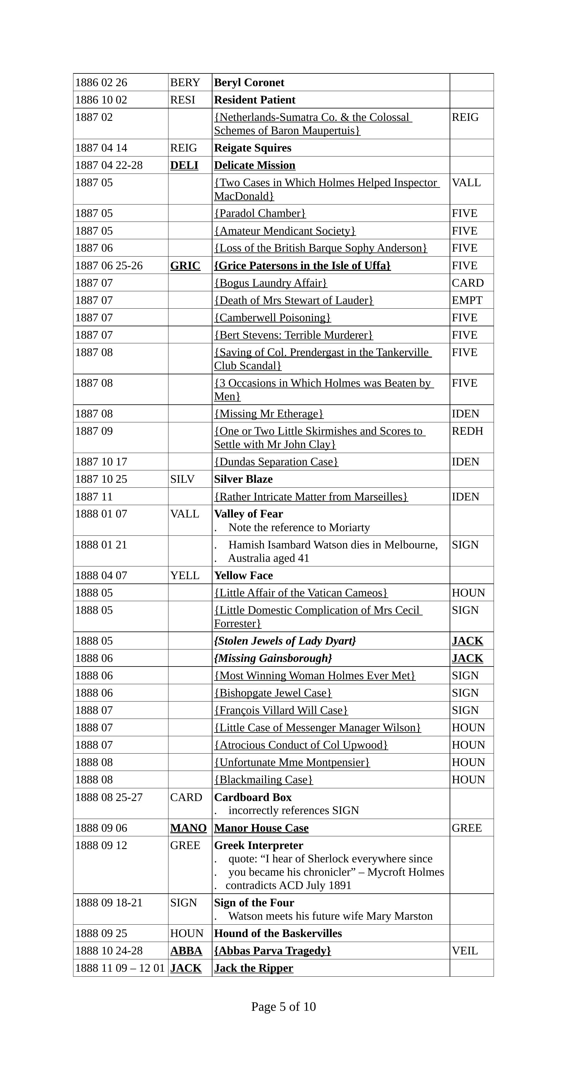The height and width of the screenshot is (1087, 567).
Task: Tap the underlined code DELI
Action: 184,165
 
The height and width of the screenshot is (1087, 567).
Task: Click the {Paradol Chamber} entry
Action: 260,213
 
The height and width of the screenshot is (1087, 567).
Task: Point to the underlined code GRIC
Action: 185,266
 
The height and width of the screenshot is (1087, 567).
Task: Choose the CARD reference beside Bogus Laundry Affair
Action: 468,283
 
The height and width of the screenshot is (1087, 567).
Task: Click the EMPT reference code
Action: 467,301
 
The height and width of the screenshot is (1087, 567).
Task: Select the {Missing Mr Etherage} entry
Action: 268,414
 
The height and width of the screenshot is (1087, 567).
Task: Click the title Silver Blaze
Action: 243,479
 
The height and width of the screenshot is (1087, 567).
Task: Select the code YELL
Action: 185,575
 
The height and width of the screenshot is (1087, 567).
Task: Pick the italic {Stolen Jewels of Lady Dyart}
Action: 285,641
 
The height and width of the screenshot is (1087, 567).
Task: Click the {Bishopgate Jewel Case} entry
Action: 273,693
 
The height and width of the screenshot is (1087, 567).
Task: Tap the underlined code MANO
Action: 189,828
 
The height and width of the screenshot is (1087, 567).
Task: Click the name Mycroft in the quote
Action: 387,872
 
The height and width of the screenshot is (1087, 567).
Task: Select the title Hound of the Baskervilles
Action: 278,933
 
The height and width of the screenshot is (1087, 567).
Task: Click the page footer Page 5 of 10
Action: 283,1007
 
